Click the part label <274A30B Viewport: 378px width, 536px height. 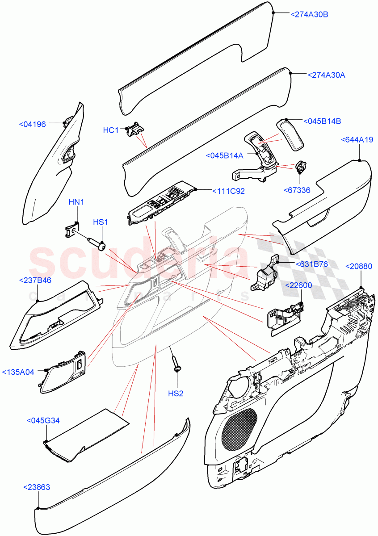pos(309,15)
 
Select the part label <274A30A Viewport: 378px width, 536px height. pos(326,75)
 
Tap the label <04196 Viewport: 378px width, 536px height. pos(32,124)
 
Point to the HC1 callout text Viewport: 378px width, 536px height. pos(111,130)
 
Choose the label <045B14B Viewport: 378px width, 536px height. pos(322,121)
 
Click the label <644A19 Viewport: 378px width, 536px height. pos(357,140)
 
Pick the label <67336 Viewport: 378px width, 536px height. pos(297,190)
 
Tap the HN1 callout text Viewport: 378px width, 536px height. pos(76,202)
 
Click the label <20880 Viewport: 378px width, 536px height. pos(361,266)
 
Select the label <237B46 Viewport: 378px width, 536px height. pos(35,280)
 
